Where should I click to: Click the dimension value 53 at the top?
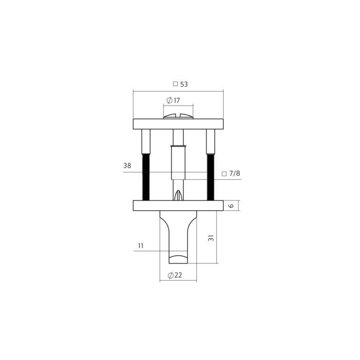[x=184, y=84]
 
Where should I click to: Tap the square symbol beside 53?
[x=175, y=84]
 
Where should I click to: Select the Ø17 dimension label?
[x=173, y=100]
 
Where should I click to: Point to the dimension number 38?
[x=127, y=165]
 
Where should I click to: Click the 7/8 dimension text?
[x=235, y=173]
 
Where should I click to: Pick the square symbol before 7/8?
[x=224, y=174]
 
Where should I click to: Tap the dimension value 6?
[x=232, y=205]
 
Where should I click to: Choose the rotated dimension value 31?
[x=211, y=238]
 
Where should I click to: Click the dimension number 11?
[x=141, y=246]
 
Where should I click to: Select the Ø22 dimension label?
[x=175, y=275]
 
